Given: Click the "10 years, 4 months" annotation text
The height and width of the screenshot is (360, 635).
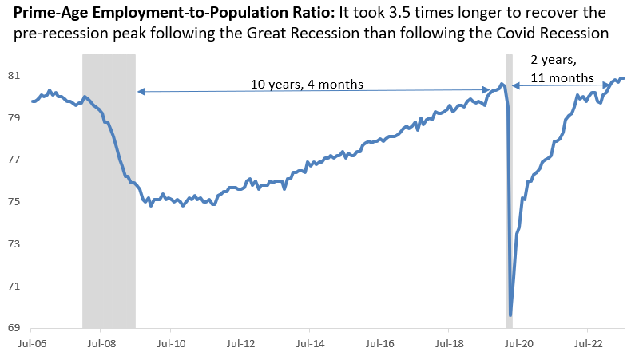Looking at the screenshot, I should coord(308,84).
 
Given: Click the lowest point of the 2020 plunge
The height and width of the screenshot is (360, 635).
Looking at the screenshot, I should coord(510,315).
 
